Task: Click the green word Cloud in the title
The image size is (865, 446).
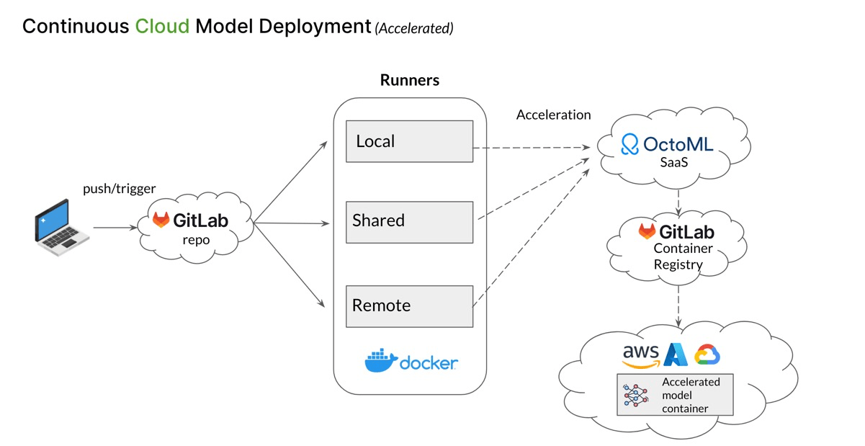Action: [x=163, y=27]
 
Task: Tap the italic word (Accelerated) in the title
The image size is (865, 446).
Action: [x=413, y=29]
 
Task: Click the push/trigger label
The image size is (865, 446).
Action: [x=119, y=189]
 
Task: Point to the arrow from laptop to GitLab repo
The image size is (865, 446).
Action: [x=115, y=228]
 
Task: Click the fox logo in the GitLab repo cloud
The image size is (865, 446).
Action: [x=161, y=220]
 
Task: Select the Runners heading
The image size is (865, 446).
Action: [x=409, y=80]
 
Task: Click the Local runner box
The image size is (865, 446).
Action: [x=409, y=141]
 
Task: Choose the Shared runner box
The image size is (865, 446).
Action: [x=409, y=221]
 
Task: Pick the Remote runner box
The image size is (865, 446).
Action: [x=409, y=305]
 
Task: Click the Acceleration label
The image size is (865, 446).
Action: [x=553, y=115]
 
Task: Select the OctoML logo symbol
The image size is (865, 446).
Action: [x=630, y=144]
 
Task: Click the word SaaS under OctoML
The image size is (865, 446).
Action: [x=674, y=163]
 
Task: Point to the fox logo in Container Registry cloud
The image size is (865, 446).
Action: [x=648, y=231]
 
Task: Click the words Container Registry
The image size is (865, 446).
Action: [x=677, y=257]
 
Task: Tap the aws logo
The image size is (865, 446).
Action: [x=641, y=354]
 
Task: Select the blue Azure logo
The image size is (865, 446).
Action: [x=677, y=354]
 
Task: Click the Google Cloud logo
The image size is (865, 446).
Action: [x=707, y=354]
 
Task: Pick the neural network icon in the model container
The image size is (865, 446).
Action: [x=637, y=394]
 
